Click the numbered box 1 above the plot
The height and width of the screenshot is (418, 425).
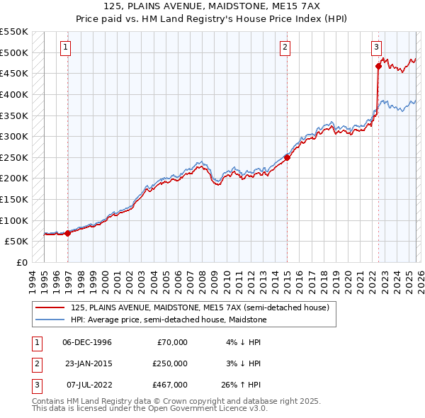(x=65, y=47)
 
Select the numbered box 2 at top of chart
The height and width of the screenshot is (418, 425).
(x=285, y=47)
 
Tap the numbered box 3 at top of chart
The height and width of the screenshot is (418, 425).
(x=375, y=47)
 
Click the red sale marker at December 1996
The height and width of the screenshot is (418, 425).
(x=68, y=232)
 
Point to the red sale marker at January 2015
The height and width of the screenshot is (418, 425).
(x=288, y=157)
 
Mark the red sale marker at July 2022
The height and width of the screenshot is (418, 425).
(x=378, y=67)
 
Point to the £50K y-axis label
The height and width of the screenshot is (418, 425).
(x=17, y=242)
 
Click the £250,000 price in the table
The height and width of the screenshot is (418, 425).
(x=170, y=363)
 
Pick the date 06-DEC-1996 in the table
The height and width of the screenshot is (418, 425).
(x=88, y=342)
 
